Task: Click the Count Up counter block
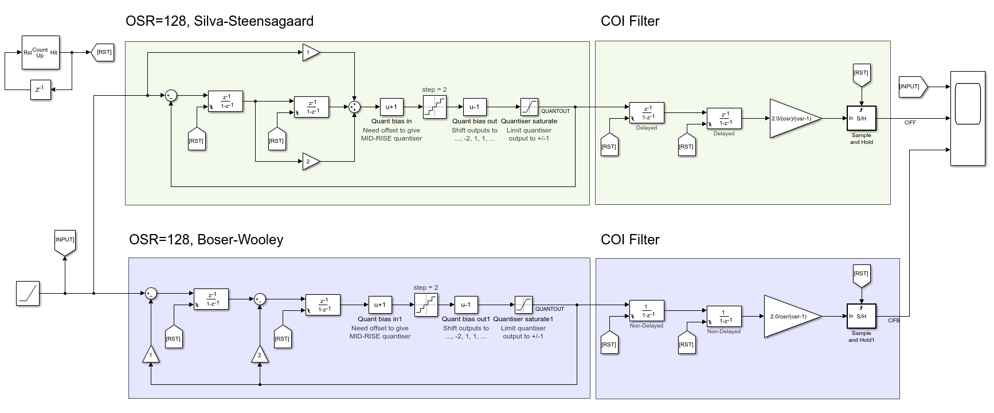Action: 40,52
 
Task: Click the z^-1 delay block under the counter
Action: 40,89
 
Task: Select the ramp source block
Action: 28,293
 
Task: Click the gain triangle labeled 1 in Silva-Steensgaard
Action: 310,53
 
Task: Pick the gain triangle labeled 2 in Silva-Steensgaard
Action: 310,162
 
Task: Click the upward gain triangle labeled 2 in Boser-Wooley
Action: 260,354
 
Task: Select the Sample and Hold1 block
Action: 861,316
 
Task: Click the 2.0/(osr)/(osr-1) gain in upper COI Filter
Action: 794,118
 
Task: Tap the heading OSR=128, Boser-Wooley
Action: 206,239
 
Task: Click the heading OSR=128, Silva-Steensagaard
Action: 220,21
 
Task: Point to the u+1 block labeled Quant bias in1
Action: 379,305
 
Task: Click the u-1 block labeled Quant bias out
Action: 474,107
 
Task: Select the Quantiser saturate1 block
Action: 523,305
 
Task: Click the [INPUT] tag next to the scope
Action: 912,87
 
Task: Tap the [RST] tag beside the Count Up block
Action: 103,52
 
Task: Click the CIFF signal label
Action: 910,123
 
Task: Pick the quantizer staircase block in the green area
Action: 434,107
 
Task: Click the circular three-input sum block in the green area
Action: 354,107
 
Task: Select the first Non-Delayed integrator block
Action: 646,310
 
